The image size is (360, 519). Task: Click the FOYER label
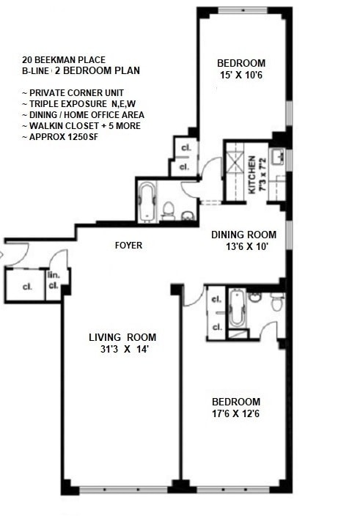128,246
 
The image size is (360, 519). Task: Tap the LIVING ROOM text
122,337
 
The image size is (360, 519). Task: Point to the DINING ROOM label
243,235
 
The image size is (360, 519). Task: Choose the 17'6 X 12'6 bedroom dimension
235,413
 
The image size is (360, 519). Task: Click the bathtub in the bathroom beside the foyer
147,200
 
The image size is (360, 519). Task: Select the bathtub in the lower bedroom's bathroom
237,310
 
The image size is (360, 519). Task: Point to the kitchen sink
278,157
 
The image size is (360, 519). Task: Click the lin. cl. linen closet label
54,281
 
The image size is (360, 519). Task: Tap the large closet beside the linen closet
26,287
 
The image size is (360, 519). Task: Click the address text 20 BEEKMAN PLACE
64,59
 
